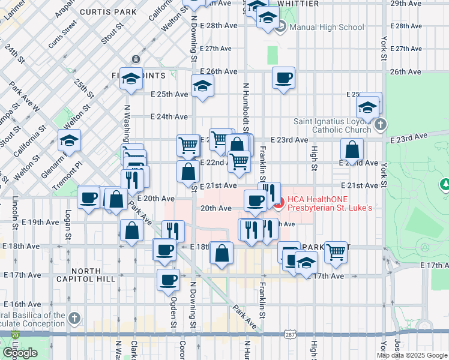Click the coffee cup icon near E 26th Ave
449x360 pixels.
[x=283, y=77]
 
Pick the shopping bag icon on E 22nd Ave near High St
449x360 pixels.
[x=352, y=149]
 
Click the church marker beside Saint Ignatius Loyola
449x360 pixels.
[x=379, y=125]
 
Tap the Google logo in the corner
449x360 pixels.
[x=19, y=353]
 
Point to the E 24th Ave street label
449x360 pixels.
[x=169, y=116]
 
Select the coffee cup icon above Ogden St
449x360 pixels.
[x=168, y=279]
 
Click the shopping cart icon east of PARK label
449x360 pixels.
[x=336, y=251]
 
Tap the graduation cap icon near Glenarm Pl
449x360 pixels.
[x=69, y=141]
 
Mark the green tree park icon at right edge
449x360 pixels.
[x=445, y=184]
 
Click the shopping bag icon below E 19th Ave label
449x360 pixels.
[x=131, y=230]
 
